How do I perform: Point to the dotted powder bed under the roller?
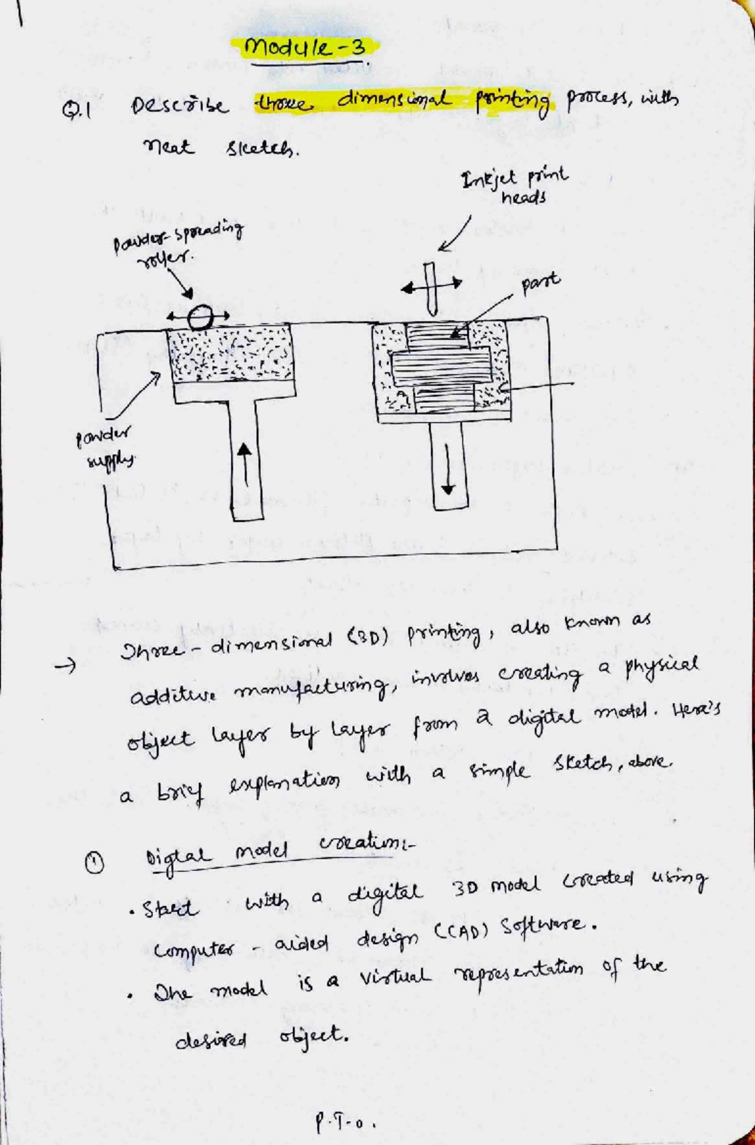(232, 356)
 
